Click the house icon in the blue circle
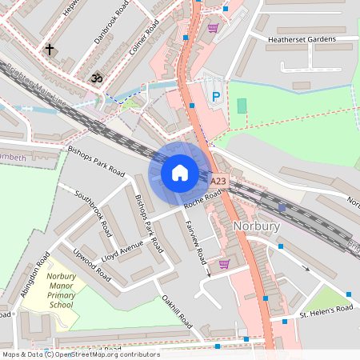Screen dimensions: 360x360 pos(179,172)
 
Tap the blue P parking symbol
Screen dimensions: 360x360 pos(214,97)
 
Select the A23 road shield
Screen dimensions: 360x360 pos(220,182)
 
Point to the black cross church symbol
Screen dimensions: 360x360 pos(50,50)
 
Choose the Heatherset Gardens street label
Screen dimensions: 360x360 pos(302,38)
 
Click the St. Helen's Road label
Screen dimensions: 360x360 pos(326,310)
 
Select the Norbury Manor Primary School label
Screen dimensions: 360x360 pos(61,290)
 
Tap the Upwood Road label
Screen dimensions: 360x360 pos(91,263)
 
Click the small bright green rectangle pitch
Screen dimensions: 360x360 pos(242,106)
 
